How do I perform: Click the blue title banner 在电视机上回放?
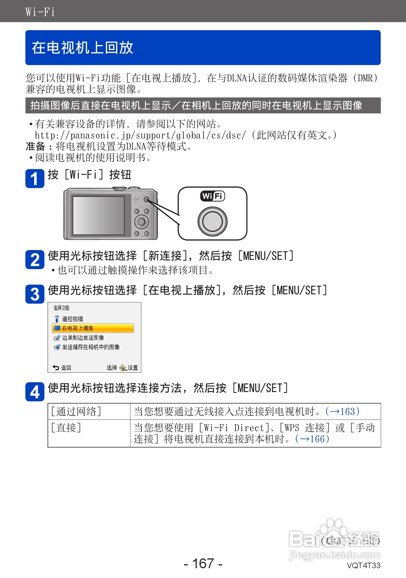pos(203,48)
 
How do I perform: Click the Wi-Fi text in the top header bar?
pos(40,12)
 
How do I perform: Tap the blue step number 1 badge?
pos(35,179)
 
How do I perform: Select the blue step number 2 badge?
pos(35,260)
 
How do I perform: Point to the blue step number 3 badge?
pos(35,294)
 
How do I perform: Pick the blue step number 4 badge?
pos(35,392)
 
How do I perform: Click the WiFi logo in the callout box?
pos(213,196)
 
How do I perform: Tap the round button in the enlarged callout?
pos(212,221)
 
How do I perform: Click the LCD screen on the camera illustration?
pos(98,215)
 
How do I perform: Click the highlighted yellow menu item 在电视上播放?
pos(93,328)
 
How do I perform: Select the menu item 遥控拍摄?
pos(72,319)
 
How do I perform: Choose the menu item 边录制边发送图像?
pos(83,338)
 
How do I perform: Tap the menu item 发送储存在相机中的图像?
pos(90,347)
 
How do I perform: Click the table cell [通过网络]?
pos(76,411)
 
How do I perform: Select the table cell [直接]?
pos(66,428)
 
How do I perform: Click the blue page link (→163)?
pos(342,411)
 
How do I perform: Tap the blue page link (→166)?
pos(312,439)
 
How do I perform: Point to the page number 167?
pos(203,563)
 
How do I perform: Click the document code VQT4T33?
pos(363,565)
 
